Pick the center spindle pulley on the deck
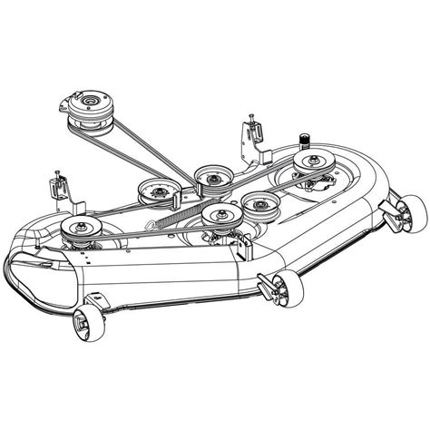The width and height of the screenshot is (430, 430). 217,216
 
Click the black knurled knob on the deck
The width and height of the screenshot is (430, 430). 303,141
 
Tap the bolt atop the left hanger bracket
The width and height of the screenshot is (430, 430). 55,171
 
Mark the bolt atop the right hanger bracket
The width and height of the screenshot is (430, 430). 251,115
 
